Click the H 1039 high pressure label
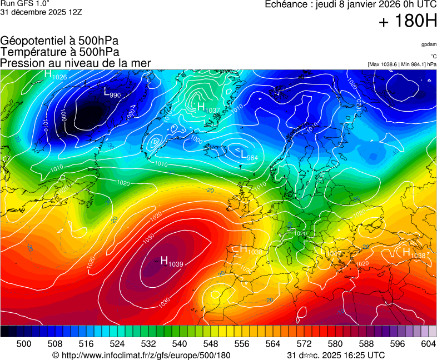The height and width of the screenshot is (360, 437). [x=171, y=261]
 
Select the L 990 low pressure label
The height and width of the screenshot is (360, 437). [x=112, y=93]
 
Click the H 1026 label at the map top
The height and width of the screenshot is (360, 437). [x=56, y=75]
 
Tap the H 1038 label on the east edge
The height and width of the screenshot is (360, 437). [x=414, y=253]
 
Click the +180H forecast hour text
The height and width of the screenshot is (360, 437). [x=407, y=22]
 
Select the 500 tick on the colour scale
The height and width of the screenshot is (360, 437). [x=23, y=344]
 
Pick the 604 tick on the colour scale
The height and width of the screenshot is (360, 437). [x=428, y=344]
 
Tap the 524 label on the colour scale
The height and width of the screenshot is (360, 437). [x=117, y=344]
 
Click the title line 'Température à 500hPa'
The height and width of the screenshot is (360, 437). [x=59, y=52]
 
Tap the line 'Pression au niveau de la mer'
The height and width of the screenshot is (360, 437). [x=76, y=63]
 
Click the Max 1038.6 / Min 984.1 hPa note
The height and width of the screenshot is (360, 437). [x=402, y=64]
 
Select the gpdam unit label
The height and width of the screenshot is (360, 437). [x=429, y=44]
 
